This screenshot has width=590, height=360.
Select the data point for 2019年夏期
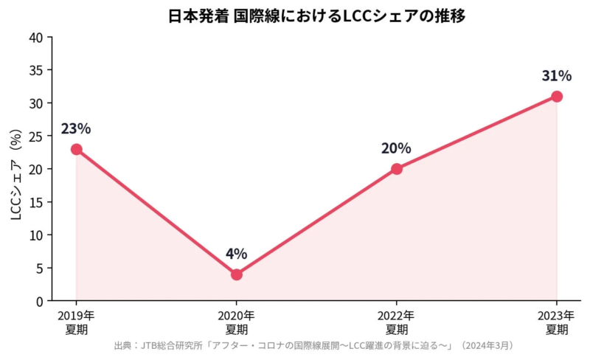76,149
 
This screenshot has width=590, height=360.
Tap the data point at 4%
236,274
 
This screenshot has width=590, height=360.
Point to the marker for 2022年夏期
397,169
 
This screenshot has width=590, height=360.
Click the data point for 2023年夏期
557,97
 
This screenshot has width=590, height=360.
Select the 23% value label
76,129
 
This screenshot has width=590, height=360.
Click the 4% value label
236,255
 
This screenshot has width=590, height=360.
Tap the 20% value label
397,149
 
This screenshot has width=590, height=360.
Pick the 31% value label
557,76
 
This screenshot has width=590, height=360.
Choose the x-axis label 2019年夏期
76,322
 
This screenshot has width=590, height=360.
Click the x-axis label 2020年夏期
236,322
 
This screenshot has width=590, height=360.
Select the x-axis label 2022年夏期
397,322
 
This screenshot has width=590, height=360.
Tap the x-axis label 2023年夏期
557,322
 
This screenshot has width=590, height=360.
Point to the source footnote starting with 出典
314,345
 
